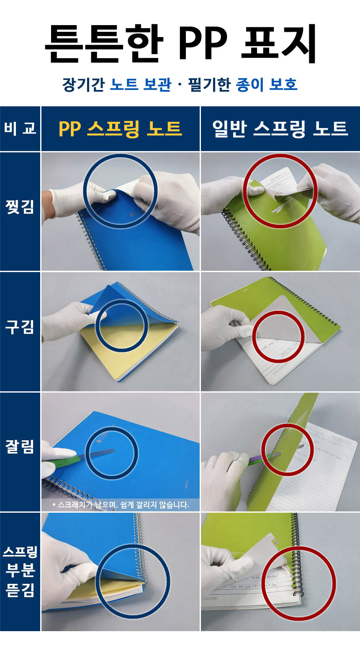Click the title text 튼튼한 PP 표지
pos(180,44)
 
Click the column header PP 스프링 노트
pos(120,128)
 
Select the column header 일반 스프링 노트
pos(280,128)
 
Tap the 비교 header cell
pos(20,128)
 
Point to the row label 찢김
pos(20,207)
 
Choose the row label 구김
pos(20,327)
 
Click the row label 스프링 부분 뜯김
pos(20,571)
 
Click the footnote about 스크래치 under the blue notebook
pos(121,505)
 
